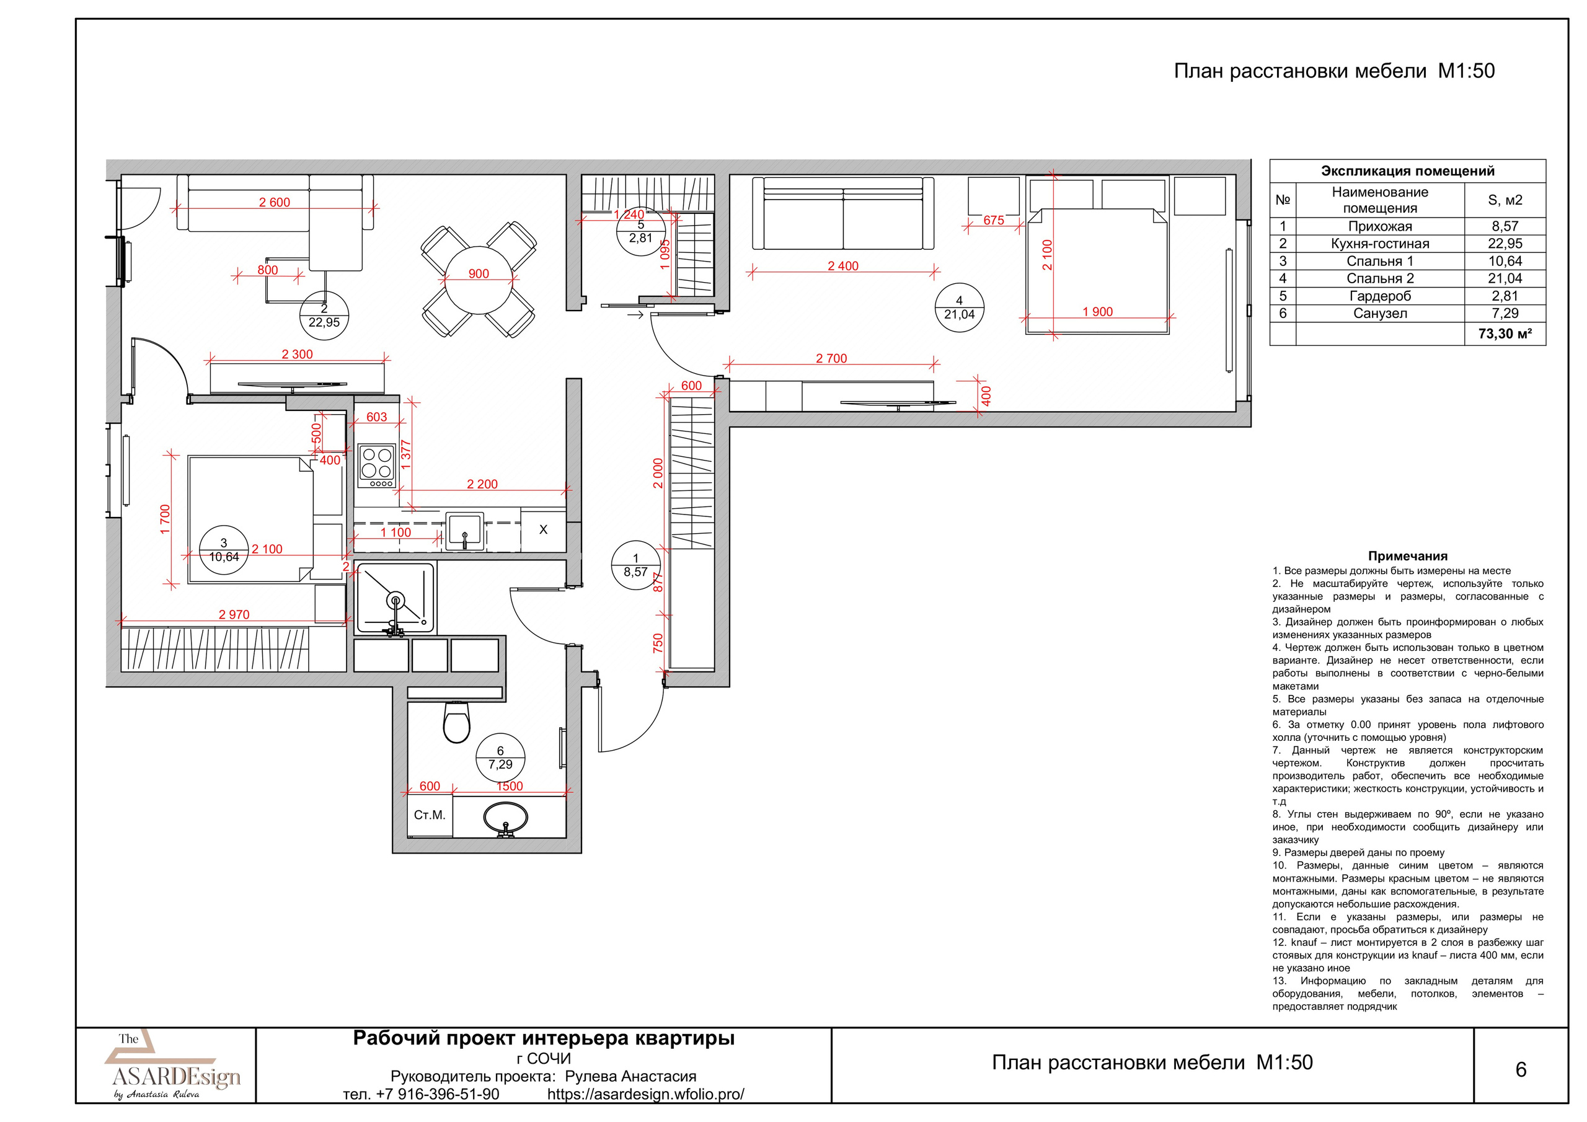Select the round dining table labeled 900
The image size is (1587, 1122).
coord(479,280)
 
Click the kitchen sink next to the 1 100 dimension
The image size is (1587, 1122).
coord(464,531)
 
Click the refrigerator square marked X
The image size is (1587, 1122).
coord(543,529)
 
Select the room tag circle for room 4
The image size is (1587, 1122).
coord(958,307)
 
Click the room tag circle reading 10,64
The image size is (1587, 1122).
coord(223,550)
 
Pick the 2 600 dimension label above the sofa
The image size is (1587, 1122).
coord(275,203)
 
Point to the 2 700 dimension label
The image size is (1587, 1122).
coord(831,358)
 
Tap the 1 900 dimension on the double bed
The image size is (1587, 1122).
coord(1098,312)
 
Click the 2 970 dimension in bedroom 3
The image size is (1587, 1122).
coord(234,614)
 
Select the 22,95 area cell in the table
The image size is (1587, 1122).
coord(1505,244)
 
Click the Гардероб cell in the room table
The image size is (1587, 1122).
coord(1380,296)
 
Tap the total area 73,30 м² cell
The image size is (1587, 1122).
coord(1505,334)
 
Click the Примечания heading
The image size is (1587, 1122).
coord(1407,556)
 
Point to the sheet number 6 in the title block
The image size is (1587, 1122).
coord(1521,1069)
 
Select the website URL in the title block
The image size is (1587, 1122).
coord(645,1094)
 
